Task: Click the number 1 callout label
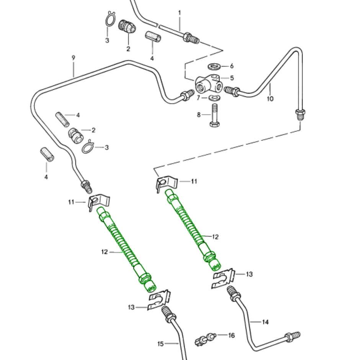click(179, 13)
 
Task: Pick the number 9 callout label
click(73, 58)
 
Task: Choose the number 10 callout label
click(270, 99)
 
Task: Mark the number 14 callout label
click(265, 322)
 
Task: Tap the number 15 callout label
click(160, 344)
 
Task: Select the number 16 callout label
click(231, 335)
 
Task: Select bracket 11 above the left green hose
click(99, 201)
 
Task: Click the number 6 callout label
click(232, 66)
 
